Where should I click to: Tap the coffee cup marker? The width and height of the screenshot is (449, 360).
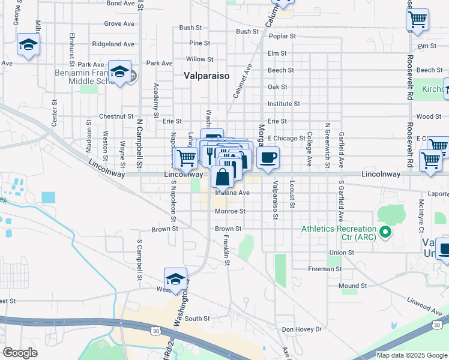268,158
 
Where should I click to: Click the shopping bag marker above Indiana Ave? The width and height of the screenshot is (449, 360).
223,178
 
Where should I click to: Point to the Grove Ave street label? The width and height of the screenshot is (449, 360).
119,24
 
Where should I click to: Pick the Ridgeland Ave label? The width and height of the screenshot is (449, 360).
113,44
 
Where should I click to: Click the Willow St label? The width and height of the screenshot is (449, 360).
200,59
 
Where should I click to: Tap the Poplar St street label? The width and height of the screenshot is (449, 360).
283,36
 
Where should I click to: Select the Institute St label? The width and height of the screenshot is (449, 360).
283,104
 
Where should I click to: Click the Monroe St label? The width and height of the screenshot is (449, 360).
231,211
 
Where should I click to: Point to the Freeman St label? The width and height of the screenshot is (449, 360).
325,269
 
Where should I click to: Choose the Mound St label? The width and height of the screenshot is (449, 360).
352,286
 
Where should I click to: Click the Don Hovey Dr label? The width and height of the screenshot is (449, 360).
302,329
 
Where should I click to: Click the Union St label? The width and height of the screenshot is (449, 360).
342,253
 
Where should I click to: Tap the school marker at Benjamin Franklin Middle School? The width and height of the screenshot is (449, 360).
120,72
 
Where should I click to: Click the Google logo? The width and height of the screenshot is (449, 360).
21,353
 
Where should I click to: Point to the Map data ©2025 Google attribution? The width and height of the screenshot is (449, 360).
411,355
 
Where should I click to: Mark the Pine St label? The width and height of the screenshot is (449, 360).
199,43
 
